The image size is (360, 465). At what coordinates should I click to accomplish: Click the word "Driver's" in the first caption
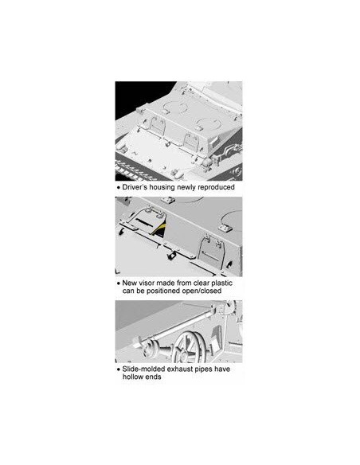[135, 187]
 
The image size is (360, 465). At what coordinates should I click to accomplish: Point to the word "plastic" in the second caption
[221, 283]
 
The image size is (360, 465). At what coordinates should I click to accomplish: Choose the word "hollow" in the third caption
[132, 377]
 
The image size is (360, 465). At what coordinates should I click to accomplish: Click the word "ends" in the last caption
[153, 377]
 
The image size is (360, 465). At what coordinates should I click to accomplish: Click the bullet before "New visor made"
[119, 283]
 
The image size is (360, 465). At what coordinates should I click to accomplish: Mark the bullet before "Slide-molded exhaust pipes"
[119, 369]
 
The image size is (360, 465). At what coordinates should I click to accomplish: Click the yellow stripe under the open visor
[161, 228]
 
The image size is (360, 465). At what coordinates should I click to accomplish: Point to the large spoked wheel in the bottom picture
[190, 347]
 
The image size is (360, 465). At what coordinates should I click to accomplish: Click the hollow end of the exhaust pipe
[136, 346]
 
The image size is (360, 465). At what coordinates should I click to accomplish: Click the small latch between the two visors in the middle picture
[170, 256]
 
